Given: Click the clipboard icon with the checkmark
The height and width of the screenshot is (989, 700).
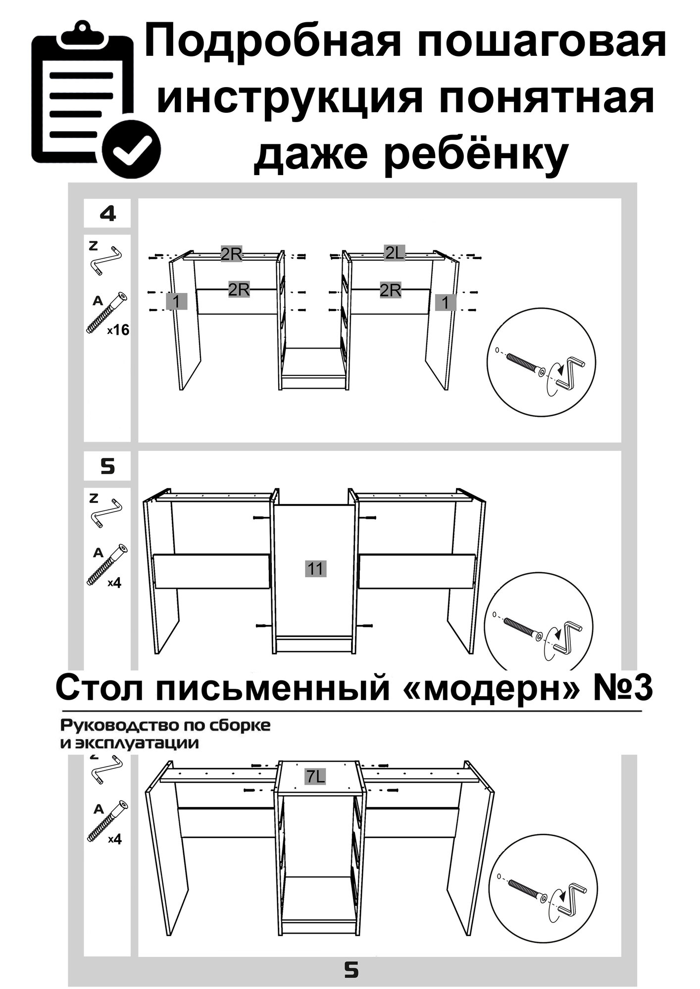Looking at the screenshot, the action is click(94, 96).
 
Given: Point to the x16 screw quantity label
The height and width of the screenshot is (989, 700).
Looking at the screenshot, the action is click(118, 330).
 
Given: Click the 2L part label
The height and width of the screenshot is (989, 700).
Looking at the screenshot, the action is click(395, 254).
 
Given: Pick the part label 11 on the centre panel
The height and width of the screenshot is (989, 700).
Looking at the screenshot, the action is click(315, 569).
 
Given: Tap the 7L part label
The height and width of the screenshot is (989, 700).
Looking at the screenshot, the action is click(315, 777).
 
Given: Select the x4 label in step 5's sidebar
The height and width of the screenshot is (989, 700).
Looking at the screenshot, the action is click(114, 583).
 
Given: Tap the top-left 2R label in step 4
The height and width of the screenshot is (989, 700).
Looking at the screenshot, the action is click(231, 255).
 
